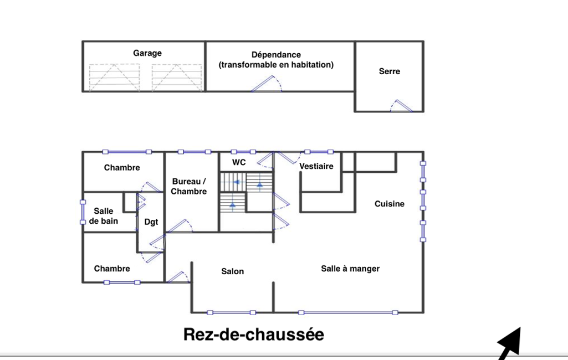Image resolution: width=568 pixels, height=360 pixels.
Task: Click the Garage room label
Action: pos(147,53)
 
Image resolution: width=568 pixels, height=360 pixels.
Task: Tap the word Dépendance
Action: pos(276,55)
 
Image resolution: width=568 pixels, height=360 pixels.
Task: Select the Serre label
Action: pos(389,71)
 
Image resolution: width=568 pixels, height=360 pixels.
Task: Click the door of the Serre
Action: pos(402,106)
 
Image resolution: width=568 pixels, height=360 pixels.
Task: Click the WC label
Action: pos(239,162)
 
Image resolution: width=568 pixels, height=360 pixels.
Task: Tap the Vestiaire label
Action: pos(316,166)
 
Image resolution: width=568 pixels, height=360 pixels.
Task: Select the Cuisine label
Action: pos(389,204)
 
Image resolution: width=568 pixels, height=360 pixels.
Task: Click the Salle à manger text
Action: pos(350,269)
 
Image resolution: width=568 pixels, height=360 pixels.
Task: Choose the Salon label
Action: pos(232,271)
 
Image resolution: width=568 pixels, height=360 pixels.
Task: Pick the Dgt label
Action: pos(151,222)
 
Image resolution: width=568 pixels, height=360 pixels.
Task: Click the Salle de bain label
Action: pos(103,216)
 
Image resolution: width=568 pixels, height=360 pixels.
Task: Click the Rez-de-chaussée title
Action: pos(254,335)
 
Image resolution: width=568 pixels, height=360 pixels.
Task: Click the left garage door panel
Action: pos(115,78)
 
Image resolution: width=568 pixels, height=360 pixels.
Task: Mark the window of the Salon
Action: pos(231,313)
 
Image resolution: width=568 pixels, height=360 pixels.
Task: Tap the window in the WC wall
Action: pos(244,152)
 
